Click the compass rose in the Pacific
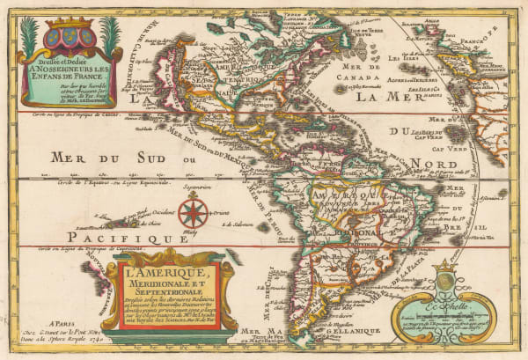click(x=193, y=212)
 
